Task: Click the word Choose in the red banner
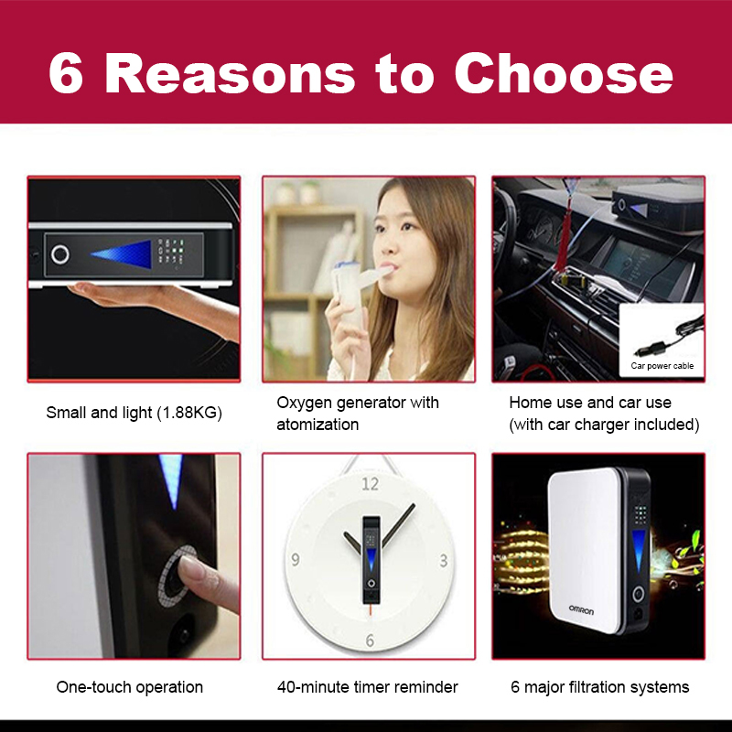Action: [x=564, y=73]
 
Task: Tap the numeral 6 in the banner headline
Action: [x=66, y=73]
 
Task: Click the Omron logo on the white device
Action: [x=581, y=609]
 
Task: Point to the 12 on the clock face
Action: [x=371, y=484]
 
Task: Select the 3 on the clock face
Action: [x=444, y=561]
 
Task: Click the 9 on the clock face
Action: [x=295, y=559]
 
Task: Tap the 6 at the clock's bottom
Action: [x=370, y=640]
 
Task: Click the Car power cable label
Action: [x=662, y=365]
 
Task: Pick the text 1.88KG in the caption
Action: [x=188, y=413]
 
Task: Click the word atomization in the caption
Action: [x=318, y=425]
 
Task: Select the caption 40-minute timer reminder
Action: [x=368, y=687]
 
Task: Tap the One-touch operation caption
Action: [x=129, y=687]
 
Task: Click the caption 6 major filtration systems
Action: [x=600, y=687]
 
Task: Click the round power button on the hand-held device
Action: [x=60, y=254]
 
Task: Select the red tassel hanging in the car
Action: [x=564, y=242]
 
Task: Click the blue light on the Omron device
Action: [x=638, y=551]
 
